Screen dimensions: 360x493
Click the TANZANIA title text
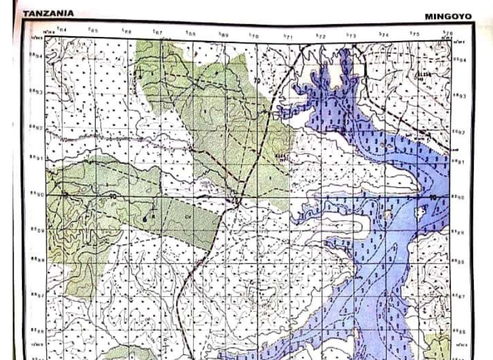click(x=49, y=13)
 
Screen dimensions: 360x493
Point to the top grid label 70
click(x=255, y=35)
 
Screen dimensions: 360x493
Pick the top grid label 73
click(x=351, y=35)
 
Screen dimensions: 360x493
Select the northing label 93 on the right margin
click(x=460, y=95)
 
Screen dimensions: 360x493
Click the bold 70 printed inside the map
click(x=258, y=80)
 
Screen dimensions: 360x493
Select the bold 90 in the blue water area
click(x=432, y=197)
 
